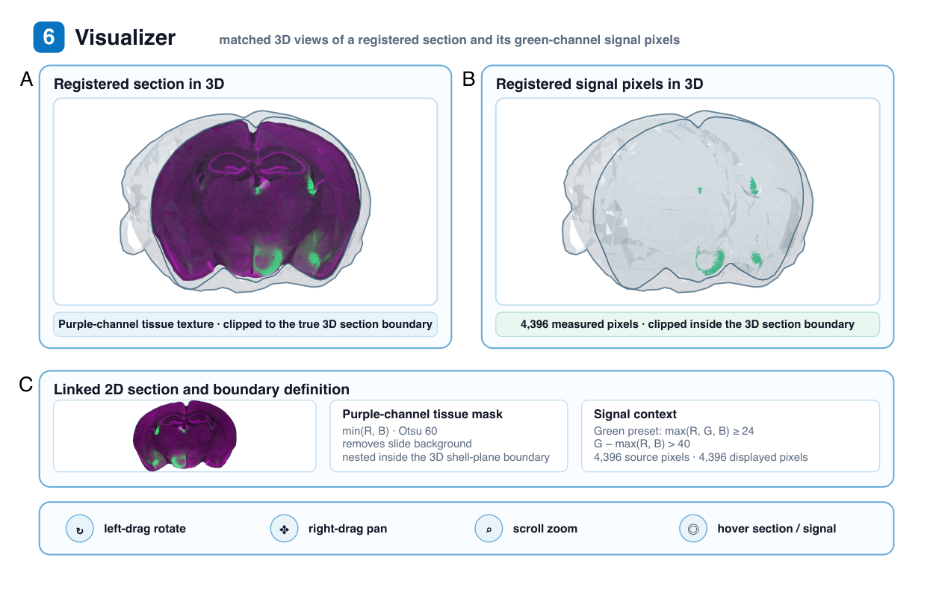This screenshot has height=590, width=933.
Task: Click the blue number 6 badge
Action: coord(49,37)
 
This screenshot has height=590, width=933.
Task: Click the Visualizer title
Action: coord(125,37)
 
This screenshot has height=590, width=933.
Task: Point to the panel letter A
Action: coord(27,78)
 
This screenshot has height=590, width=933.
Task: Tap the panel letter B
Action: coord(468,78)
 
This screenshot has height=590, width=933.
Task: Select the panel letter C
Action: coord(26,385)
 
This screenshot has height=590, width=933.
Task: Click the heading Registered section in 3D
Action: coord(139,84)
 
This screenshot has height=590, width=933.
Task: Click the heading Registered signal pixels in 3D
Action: coord(599,84)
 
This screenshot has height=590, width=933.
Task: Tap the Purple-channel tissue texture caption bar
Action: coord(245,324)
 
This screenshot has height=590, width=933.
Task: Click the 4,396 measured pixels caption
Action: coord(687,324)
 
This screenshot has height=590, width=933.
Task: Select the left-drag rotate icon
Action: coord(79,528)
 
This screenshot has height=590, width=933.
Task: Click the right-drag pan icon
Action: coord(284,528)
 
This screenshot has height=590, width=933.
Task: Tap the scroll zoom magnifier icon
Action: coord(489,528)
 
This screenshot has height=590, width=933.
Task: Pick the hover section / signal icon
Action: coord(693,528)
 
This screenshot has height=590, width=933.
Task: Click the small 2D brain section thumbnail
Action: coord(185,435)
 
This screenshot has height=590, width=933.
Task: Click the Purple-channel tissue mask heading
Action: coord(422,414)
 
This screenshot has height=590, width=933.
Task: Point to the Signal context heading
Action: coord(635,414)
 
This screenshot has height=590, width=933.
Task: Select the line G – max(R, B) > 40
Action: coord(642,444)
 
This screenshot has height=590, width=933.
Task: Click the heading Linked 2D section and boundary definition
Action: coord(202,389)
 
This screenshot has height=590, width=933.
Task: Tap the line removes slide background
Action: coord(407,444)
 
